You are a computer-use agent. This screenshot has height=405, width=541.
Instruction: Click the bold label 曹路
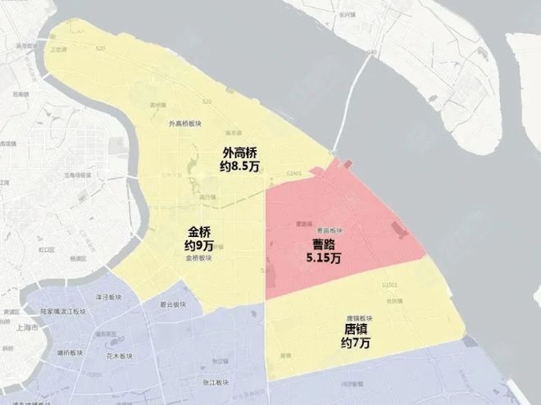(x=324, y=245)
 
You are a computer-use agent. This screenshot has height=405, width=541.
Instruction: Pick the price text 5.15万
(x=324, y=258)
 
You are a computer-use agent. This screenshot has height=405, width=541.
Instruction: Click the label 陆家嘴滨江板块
(x=63, y=312)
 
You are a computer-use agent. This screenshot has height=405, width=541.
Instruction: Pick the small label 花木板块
(x=119, y=357)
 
